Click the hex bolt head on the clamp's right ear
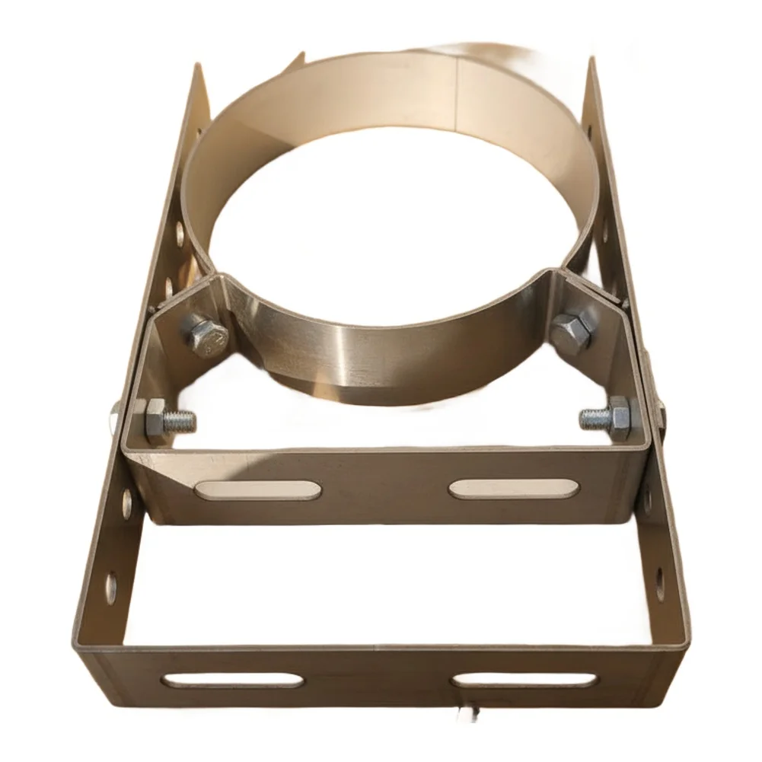point(571,332)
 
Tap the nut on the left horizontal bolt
point(156,419)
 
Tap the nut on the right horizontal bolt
point(619,418)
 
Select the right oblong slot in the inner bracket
point(513,488)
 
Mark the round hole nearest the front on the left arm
point(111,588)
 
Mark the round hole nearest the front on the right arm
point(659,582)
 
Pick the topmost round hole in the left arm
point(180,233)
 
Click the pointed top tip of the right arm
point(591,59)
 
